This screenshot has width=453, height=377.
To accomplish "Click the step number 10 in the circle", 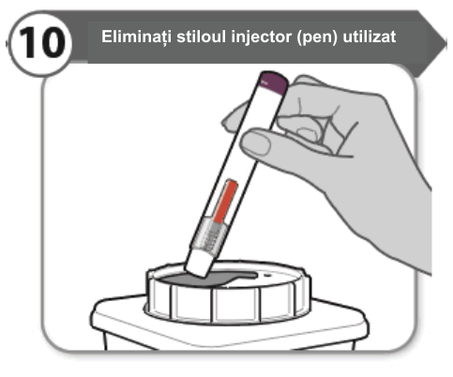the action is point(42,42).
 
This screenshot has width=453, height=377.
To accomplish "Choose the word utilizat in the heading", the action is point(370,37).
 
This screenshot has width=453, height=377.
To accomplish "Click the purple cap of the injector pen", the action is point(274,82).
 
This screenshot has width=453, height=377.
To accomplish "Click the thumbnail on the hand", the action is point(256,143).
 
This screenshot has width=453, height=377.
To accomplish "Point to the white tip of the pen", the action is point(200,264).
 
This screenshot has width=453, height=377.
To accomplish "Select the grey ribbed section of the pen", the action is point(210,234).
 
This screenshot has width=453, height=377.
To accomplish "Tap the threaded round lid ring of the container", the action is point(228,294).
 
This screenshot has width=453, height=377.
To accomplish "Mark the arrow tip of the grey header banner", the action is point(446,43).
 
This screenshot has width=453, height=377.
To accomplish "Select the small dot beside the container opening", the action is point(267,276).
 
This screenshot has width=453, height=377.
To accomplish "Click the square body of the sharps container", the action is point(228,331).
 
